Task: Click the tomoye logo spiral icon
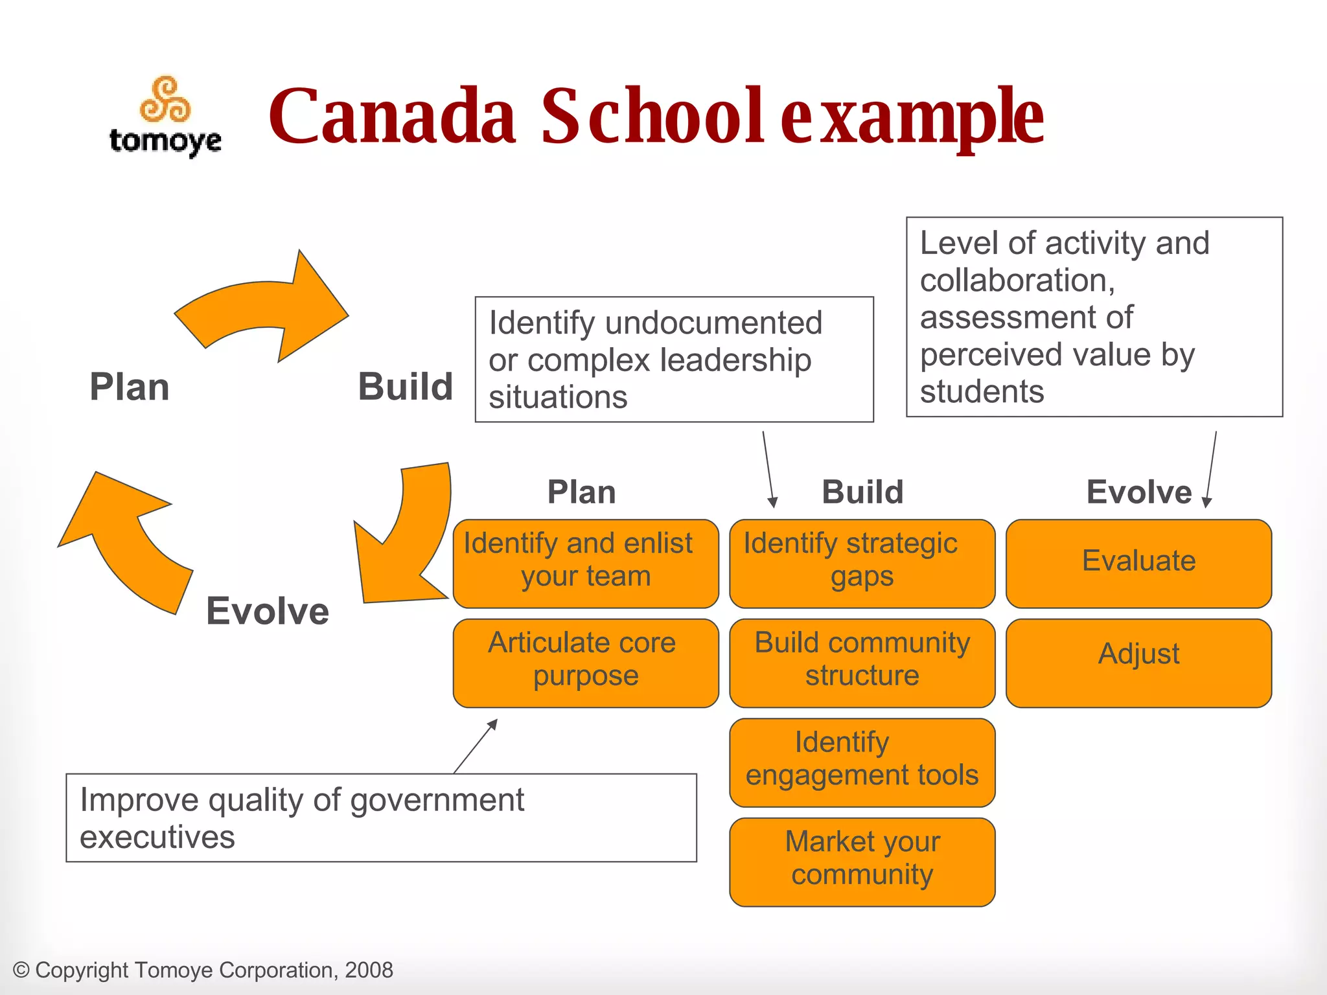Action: pyautogui.click(x=166, y=100)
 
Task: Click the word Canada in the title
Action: pyautogui.click(x=392, y=117)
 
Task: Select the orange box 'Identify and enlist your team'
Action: pyautogui.click(x=585, y=563)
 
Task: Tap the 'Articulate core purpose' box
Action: pyautogui.click(x=585, y=663)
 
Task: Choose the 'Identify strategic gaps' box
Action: pyautogui.click(x=862, y=563)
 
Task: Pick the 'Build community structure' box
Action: pyautogui.click(x=862, y=663)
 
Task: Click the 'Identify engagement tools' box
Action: pyautogui.click(x=862, y=762)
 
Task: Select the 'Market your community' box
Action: pyautogui.click(x=862, y=862)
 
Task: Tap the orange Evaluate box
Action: pyautogui.click(x=1138, y=563)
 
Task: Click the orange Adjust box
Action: pyautogui.click(x=1138, y=663)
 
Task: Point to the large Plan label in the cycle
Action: pyautogui.click(x=130, y=387)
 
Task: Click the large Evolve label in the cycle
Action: pyautogui.click(x=268, y=611)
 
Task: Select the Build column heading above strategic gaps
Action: pyautogui.click(x=862, y=492)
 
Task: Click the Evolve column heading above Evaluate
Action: pyautogui.click(x=1138, y=492)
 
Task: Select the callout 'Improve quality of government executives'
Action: pyautogui.click(x=381, y=818)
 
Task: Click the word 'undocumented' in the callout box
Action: pyautogui.click(x=713, y=323)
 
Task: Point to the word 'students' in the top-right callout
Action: pyautogui.click(x=982, y=392)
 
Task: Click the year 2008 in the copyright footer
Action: pyautogui.click(x=369, y=970)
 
